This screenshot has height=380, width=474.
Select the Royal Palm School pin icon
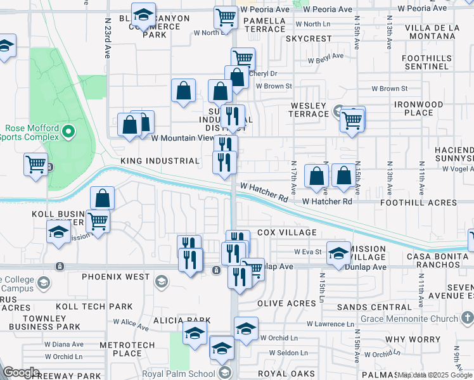pos(223,372)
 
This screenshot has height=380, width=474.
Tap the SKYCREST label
pos(309,39)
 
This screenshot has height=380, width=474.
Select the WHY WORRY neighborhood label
pos(416,339)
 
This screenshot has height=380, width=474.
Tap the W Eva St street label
pos(309,251)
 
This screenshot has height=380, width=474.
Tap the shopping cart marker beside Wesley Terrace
pos(352,119)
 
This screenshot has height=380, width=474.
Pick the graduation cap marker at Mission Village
pos(338,253)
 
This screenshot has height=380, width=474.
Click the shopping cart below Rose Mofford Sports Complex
pos(36,164)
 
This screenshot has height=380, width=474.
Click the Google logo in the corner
pos(21,372)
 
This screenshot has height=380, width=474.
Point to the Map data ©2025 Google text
pos(435,375)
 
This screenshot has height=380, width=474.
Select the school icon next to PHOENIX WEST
pos(162,281)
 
